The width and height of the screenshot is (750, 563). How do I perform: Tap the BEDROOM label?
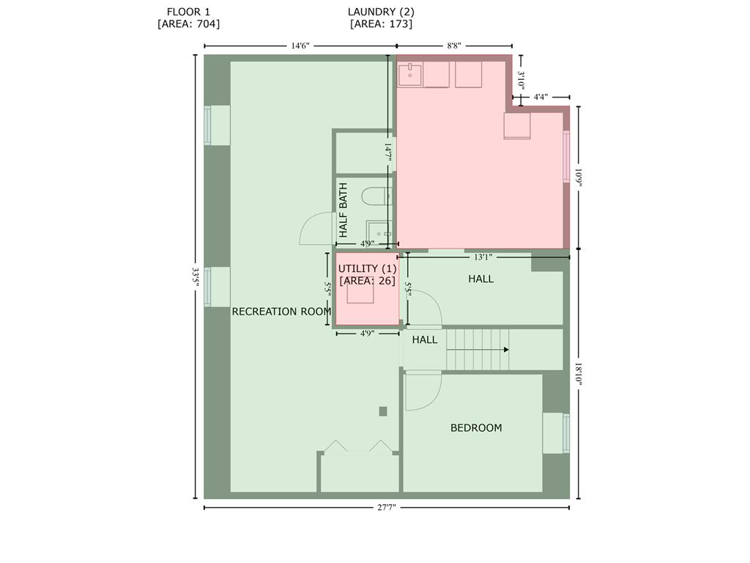[x=476, y=428]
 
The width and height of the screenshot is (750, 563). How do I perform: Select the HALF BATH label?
[x=343, y=210]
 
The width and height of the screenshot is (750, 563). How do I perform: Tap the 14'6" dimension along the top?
[x=300, y=45]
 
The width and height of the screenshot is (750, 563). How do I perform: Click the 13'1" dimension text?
[x=483, y=257]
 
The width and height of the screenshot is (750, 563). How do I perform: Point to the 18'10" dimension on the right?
[x=579, y=375]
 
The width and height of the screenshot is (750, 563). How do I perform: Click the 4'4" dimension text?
[x=541, y=97]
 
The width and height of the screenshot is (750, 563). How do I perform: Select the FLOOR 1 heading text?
[x=188, y=12]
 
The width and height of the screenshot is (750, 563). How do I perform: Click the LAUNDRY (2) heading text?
[x=381, y=12]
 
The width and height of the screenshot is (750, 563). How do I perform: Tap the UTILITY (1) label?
[x=367, y=269]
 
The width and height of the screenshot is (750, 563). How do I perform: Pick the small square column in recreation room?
[x=382, y=411]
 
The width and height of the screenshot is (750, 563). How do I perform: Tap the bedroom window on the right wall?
[x=565, y=433]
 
